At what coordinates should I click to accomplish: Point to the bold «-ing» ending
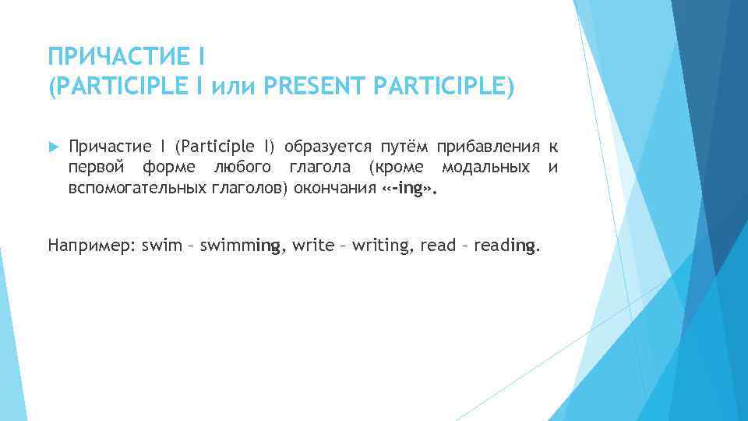(406, 188)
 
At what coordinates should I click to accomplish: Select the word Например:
(92, 246)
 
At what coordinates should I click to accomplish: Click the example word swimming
(242, 246)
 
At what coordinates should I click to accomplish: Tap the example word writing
(382, 246)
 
